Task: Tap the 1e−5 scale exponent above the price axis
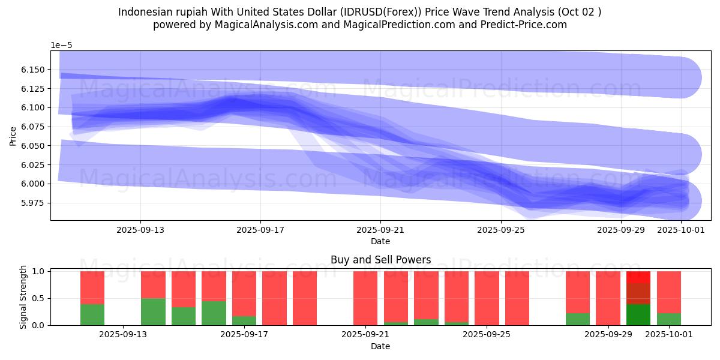61,45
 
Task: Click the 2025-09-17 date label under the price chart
260,230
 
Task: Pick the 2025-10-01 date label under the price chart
680,230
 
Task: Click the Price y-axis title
13,135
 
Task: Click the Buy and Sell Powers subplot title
380,260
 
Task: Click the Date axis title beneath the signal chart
380,346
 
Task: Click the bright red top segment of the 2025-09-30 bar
638,277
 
